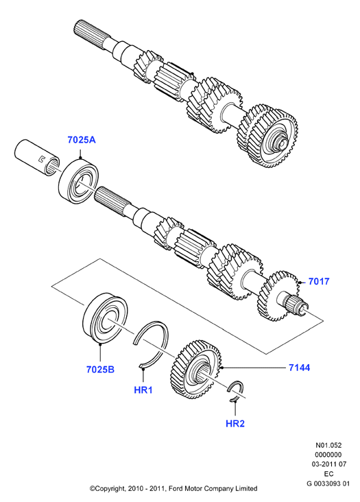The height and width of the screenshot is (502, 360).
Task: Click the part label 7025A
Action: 82,140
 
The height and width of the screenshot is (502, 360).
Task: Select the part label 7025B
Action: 100,370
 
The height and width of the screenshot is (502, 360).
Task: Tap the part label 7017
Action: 319,281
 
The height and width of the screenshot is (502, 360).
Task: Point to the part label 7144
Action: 299,368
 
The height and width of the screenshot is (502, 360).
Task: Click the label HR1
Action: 143,390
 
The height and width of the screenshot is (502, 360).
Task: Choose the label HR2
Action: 235,424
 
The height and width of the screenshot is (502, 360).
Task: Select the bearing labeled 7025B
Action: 106,318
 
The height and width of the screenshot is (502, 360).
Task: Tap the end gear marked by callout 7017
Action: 278,296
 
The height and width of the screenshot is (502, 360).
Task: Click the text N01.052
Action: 328,445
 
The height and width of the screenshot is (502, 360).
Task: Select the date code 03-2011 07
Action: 328,464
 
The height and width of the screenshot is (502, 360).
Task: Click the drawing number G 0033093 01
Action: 328,483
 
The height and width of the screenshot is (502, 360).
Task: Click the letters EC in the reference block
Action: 328,473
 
